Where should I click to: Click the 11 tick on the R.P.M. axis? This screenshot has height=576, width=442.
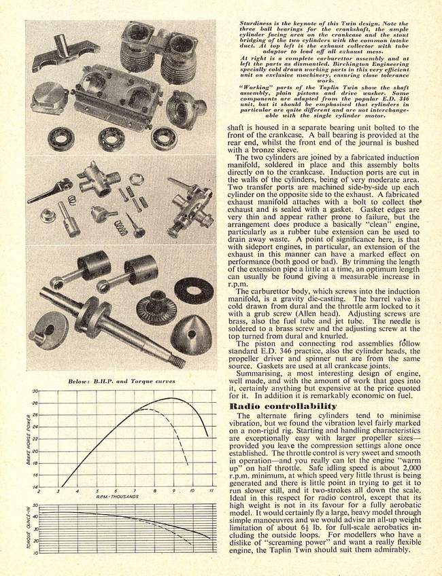(x=211, y=490)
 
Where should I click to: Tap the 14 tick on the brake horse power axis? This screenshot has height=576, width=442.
(x=35, y=486)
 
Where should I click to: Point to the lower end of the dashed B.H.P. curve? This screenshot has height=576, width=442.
(x=188, y=465)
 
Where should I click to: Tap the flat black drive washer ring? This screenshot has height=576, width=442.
(x=193, y=290)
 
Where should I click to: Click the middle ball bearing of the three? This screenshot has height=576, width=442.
(x=111, y=139)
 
